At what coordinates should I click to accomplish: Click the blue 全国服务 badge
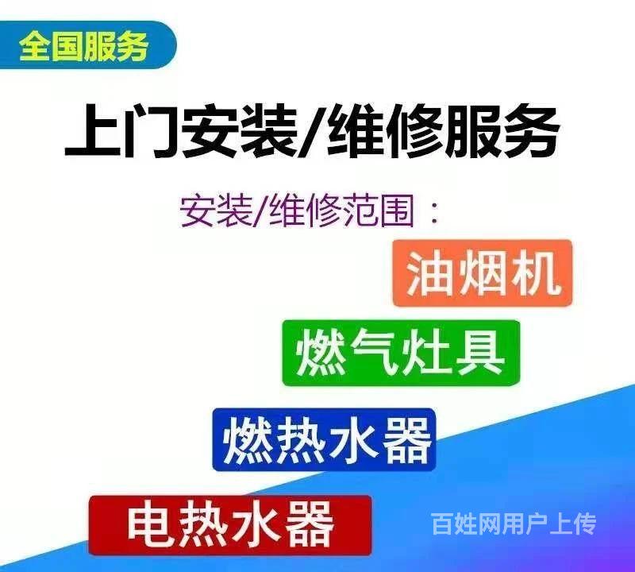[x=87, y=45]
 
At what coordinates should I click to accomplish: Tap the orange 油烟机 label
[x=483, y=272]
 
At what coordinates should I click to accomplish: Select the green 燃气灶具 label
[x=401, y=353]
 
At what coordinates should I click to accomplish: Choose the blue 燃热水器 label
[x=324, y=439]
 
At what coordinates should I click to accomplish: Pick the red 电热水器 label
[x=230, y=525]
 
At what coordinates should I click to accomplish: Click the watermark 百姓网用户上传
[x=514, y=524]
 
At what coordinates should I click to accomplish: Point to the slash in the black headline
[x=311, y=130]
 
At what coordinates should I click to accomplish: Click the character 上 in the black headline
[x=94, y=130]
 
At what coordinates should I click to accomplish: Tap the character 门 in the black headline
[x=151, y=130]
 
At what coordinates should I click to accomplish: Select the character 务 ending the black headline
[x=532, y=130]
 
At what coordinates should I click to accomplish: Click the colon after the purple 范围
[x=434, y=213]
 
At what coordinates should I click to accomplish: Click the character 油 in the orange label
[x=429, y=272]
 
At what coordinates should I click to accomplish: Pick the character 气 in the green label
[x=373, y=352]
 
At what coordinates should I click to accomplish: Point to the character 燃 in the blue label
[x=248, y=440]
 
